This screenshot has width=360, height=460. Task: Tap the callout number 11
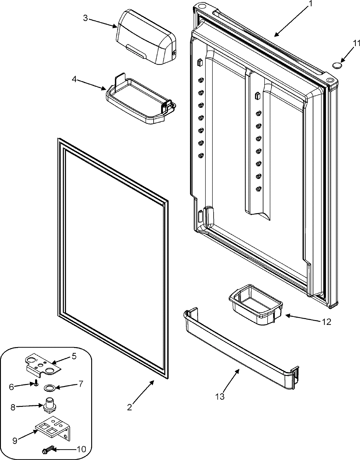tap(356, 43)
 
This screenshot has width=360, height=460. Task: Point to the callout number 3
tap(85, 18)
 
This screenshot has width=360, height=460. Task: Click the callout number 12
tap(327, 322)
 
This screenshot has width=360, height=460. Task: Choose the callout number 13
tap(220, 397)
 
